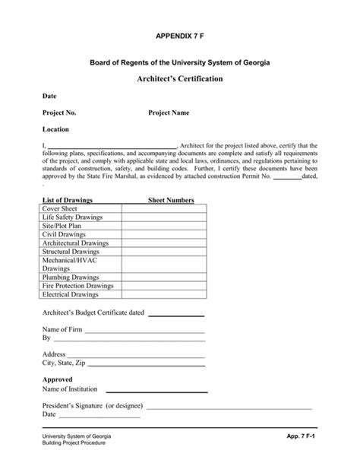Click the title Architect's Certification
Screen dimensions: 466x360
[x=179, y=79]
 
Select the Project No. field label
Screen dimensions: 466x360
[x=59, y=113]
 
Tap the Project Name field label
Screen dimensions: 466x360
[x=169, y=113]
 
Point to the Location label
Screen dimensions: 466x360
[x=55, y=129]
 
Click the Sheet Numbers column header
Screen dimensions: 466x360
[x=170, y=201]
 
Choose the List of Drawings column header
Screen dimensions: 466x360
[x=67, y=201]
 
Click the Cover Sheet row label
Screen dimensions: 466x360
[x=59, y=208]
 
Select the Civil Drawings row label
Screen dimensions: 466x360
[x=64, y=235]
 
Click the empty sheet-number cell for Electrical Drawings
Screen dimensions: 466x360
[x=163, y=295]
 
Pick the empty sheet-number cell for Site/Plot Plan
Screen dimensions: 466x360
[x=163, y=226]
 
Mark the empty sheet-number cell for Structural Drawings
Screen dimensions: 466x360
[x=163, y=252]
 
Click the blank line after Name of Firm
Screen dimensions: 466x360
[x=145, y=331]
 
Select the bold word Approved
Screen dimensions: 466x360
[x=58, y=380]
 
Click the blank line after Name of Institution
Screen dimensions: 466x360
[x=156, y=391]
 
